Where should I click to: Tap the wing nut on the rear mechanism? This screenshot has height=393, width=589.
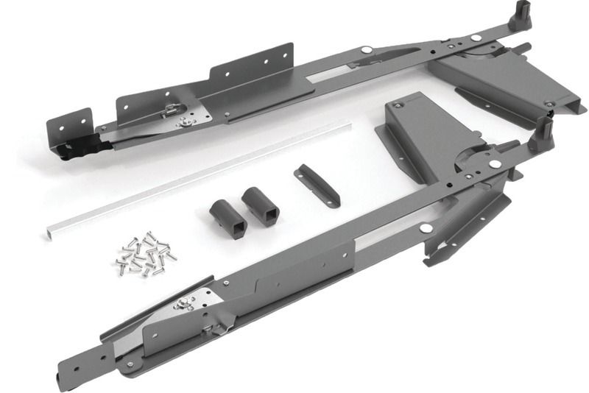[175, 110]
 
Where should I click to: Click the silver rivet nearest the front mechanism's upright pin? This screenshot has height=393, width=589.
[494, 163]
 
